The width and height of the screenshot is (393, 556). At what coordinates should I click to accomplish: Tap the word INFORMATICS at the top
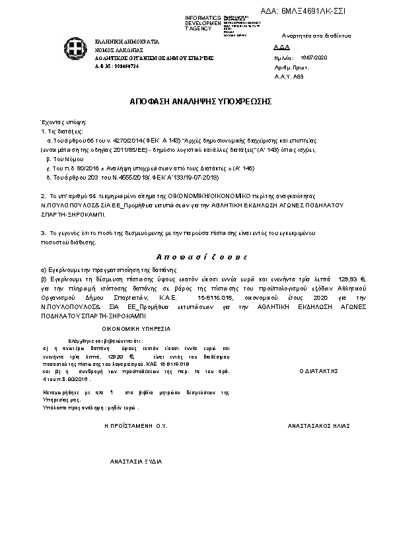(x=203, y=17)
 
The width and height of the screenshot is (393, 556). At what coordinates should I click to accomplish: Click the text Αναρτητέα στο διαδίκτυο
(x=316, y=35)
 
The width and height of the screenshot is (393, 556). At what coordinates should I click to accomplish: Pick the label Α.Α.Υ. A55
(x=289, y=77)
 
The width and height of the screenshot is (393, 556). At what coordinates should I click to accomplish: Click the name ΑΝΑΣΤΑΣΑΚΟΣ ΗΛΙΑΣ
(x=318, y=426)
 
